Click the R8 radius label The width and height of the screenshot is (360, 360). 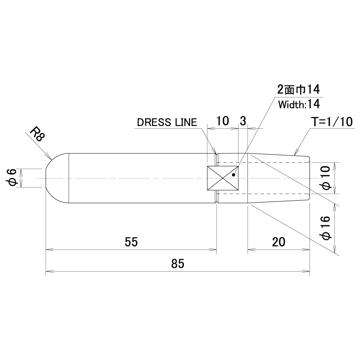coord(37,135)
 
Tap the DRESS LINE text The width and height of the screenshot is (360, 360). coord(167,122)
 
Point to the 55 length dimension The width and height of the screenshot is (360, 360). coord(131,242)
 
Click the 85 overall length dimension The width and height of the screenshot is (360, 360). coord(178,264)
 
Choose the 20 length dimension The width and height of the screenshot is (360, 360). coord(279,242)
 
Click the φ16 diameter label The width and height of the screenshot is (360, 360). coord(326,228)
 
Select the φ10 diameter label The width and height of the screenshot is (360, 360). coord(326,178)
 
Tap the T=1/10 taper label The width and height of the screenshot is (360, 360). coord(331,122)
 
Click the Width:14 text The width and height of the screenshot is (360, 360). coord(299,104)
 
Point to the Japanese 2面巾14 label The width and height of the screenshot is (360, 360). coord(298,89)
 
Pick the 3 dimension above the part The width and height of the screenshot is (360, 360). coord(243,121)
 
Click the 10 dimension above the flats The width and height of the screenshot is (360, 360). coord(223,121)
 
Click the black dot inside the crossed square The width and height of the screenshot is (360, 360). coord(234,175)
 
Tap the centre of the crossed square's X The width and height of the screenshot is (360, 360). coord(223,178)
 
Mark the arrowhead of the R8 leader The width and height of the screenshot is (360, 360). coord(50,157)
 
